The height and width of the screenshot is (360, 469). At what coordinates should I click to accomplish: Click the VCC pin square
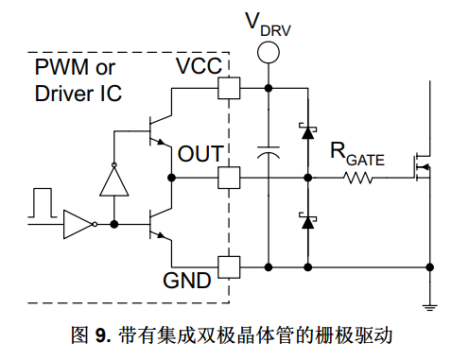click(x=229, y=88)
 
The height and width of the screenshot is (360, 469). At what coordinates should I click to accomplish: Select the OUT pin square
click(x=229, y=178)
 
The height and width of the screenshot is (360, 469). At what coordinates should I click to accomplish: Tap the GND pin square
click(x=229, y=267)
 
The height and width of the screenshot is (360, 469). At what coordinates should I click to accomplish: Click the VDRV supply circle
click(x=269, y=52)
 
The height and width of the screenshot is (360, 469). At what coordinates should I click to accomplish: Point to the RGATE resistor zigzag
click(x=358, y=178)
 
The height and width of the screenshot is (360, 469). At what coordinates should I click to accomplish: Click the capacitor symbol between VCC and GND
click(x=269, y=152)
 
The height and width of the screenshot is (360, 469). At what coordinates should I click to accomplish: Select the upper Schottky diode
click(x=307, y=131)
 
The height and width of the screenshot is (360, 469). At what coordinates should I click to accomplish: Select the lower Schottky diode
click(x=307, y=221)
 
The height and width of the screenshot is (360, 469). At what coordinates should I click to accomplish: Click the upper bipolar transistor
click(x=160, y=131)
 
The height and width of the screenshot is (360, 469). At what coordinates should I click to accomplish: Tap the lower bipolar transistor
click(x=160, y=224)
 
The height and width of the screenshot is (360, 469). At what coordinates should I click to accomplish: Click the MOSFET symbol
click(x=423, y=167)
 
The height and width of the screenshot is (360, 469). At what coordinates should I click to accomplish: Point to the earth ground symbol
click(x=429, y=307)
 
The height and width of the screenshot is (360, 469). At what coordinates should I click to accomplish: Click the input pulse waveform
click(x=43, y=203)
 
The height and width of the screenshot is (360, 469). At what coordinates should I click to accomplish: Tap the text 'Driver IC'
click(x=78, y=94)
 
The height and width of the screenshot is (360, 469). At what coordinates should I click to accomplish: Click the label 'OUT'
click(x=200, y=154)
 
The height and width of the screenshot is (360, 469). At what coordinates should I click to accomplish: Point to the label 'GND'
click(x=187, y=281)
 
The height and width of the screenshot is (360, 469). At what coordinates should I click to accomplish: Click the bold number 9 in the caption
click(x=101, y=335)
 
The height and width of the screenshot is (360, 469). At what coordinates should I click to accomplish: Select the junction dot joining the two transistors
click(x=171, y=178)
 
